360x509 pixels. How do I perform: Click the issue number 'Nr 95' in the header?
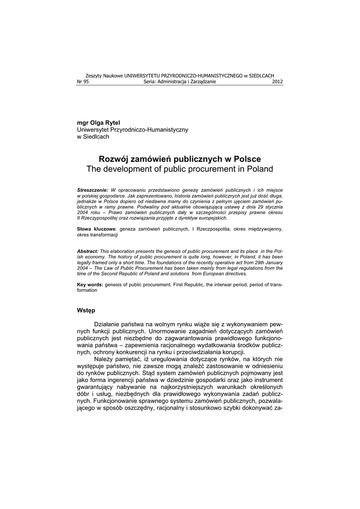coord(82,82)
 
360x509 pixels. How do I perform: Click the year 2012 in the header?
coord(277,82)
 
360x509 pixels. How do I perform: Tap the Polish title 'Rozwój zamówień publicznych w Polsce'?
coord(180,159)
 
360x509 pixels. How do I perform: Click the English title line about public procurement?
coord(180,169)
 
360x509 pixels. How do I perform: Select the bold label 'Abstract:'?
coord(88,252)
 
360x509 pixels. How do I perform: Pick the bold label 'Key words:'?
coord(90,284)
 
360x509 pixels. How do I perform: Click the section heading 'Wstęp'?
coord(86,310)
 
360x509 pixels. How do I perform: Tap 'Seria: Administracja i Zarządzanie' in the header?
coord(180,82)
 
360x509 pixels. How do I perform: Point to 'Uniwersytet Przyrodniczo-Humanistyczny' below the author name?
coord(133,129)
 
